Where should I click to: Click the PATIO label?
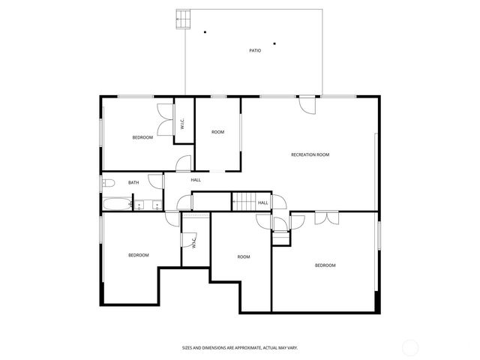pyautogui.click(x=255, y=51)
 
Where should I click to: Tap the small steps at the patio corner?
pyautogui.click(x=182, y=19)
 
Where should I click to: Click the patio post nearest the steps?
pyautogui.click(x=205, y=31)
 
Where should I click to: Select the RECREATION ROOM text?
pyautogui.click(x=310, y=154)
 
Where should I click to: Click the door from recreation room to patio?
pyautogui.click(x=307, y=104)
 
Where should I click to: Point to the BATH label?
pyautogui.click(x=133, y=182)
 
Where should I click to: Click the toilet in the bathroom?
pyautogui.click(x=108, y=183)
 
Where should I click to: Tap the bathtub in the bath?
pyautogui.click(x=117, y=203)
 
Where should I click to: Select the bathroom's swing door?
pyautogui.click(x=155, y=181)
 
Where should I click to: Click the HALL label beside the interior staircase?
pyautogui.click(x=263, y=202)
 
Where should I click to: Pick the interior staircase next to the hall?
pyautogui.click(x=243, y=201)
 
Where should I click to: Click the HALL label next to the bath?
pyautogui.click(x=196, y=180)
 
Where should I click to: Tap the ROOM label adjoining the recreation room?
pyautogui.click(x=217, y=132)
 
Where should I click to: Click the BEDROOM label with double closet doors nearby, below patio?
pyautogui.click(x=142, y=137)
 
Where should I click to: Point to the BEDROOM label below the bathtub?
pyautogui.click(x=138, y=255)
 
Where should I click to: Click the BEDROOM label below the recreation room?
pyautogui.click(x=325, y=265)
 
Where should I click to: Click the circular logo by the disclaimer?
pyautogui.click(x=410, y=346)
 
